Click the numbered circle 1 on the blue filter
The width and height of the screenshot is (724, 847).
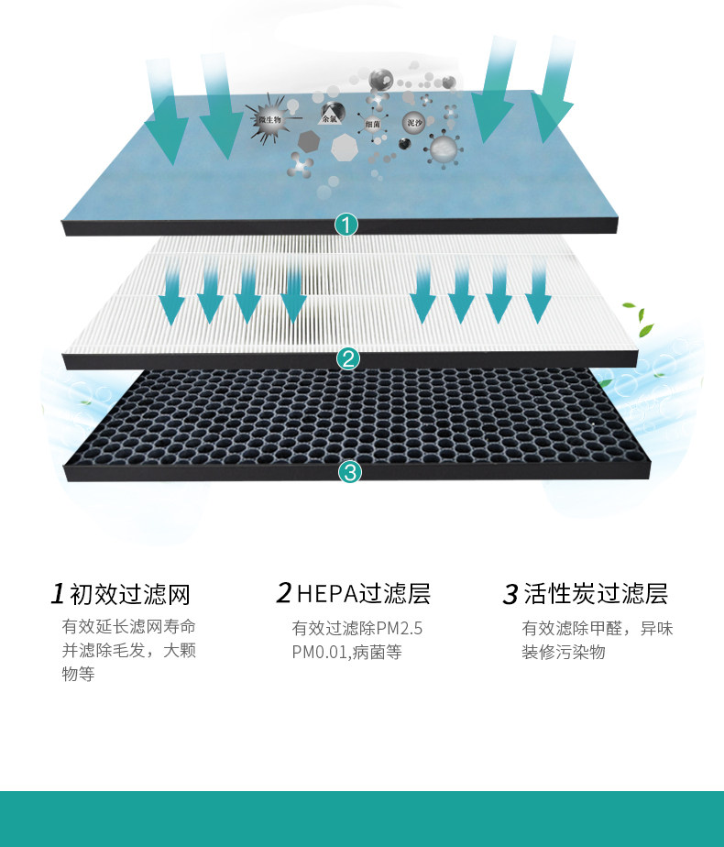coord(346,224)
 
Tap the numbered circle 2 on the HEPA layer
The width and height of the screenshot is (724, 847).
coord(347,357)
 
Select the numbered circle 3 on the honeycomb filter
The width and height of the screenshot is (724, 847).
coord(350,472)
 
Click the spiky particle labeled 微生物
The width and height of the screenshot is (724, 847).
coord(269,120)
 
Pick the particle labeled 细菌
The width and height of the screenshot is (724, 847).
coord(372,123)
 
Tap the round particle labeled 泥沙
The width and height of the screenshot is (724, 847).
coord(414,122)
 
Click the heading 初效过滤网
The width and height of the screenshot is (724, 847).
coord(130,594)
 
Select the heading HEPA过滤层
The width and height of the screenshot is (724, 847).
coord(364,593)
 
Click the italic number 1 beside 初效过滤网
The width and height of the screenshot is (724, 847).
coord(58,594)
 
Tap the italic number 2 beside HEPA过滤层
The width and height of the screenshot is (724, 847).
coord(284,593)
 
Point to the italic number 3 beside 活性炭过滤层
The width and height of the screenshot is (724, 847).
coord(510,595)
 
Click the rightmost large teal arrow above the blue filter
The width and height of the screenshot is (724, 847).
coord(554,92)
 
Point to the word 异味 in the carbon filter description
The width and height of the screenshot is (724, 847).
coord(657,629)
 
